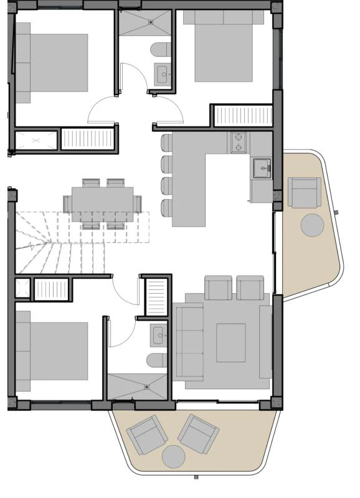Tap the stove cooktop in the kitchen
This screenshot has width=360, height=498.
tap(239, 143)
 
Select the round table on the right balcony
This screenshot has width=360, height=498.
tap(313, 225)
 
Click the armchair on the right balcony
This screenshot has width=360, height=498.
tap(305, 192)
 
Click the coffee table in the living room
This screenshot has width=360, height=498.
tap(230, 342)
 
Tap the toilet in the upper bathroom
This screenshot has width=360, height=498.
tap(159, 49)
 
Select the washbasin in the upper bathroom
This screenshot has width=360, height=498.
tap(164, 75)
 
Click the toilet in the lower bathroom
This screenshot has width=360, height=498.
tap(156, 360)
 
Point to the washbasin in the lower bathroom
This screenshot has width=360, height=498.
tap(158, 336)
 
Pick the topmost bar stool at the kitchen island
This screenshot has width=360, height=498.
tap(166, 143)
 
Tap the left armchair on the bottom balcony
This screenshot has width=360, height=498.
tap(145, 434)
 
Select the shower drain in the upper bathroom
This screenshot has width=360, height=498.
tap(151, 22)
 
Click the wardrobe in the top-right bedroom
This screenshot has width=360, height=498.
tap(243, 116)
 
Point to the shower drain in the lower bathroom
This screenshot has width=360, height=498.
tap(147, 387)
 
